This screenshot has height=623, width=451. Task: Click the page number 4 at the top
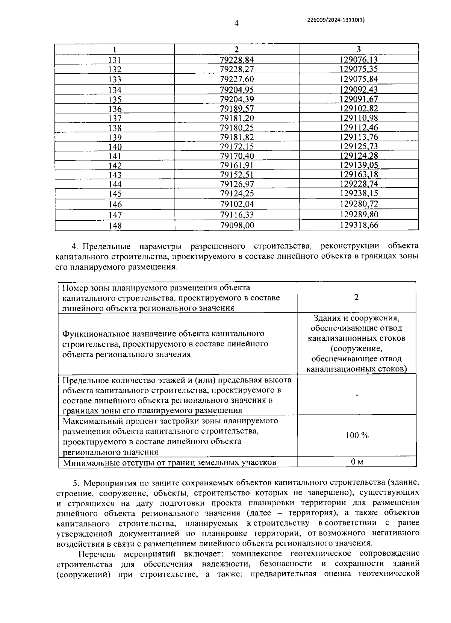(236, 23)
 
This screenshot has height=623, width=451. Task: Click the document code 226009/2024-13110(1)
(336, 21)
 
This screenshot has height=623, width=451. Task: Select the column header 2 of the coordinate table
(236, 49)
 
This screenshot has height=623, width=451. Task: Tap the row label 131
(115, 60)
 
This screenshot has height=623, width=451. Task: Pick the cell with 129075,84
(359, 79)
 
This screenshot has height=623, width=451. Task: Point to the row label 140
(115, 147)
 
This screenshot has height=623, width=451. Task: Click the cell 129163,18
(359, 175)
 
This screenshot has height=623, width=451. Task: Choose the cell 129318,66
(359, 225)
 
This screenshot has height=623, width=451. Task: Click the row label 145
(115, 194)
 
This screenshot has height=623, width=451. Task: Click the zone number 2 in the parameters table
(356, 297)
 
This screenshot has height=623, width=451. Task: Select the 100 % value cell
(357, 435)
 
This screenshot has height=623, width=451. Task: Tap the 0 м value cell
(357, 462)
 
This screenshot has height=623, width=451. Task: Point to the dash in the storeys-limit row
(357, 395)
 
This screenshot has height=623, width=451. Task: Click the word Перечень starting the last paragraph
(97, 554)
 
